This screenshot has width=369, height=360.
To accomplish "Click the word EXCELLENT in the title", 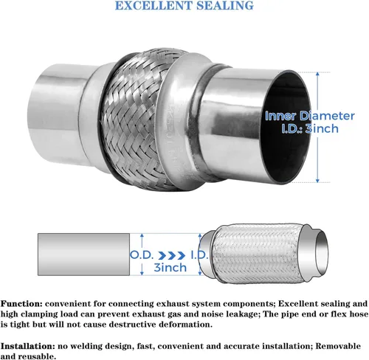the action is click(154, 5).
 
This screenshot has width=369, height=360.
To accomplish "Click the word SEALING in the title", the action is click(225, 5).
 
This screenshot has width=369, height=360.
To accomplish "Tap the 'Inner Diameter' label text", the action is click(310, 116).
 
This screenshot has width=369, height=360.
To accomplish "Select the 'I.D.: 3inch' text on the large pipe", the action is click(310, 128).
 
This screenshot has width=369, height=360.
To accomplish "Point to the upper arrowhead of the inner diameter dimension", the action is click(317, 75).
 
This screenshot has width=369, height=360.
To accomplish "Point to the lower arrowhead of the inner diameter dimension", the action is click(317, 180).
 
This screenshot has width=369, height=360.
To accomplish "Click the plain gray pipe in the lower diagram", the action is click(83, 255).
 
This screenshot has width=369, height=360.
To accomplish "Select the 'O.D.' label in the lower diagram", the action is click(141, 255).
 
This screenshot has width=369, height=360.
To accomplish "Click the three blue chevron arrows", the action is click(171, 256).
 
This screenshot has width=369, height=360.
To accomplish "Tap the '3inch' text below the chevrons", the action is click(170, 268).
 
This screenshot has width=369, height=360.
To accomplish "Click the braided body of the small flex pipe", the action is click(256, 254).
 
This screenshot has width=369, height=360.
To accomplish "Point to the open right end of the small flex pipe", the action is click(322, 252).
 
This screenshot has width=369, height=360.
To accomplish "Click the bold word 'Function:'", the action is click(21, 304).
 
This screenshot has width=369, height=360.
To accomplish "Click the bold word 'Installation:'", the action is click(28, 346).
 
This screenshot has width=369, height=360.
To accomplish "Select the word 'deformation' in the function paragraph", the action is click(185, 325).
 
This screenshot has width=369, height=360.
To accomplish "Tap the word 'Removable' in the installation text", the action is click(339, 346).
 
